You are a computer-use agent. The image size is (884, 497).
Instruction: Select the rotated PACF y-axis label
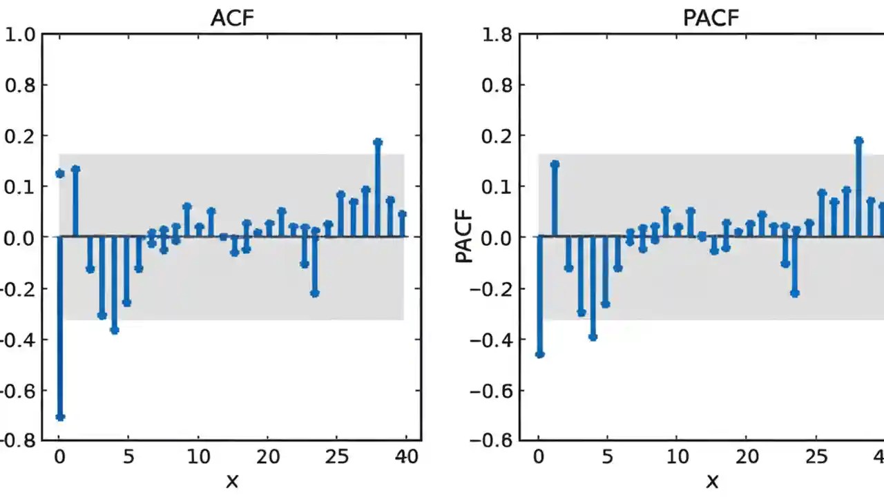pos(465,237)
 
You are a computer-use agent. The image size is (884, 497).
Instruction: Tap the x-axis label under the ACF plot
pos(231,480)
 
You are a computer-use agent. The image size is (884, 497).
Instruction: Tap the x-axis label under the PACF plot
pos(711,480)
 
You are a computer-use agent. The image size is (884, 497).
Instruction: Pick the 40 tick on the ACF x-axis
pos(407,457)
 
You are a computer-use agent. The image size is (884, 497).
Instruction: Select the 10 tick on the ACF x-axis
pos(199,457)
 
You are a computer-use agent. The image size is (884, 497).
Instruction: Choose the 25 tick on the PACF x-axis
pos(816,457)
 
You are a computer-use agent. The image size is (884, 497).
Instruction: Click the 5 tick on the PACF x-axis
pos(607,457)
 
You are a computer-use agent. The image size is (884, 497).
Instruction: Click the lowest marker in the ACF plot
pos(60,417)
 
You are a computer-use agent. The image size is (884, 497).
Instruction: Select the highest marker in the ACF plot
pos(378,142)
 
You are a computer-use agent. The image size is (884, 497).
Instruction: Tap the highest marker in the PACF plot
pos(858,141)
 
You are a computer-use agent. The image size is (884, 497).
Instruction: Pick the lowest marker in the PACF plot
pos(540,354)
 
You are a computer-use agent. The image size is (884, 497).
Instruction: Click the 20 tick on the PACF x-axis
pos(747,457)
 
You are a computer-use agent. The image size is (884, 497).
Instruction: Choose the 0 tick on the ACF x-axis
pos(59,457)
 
